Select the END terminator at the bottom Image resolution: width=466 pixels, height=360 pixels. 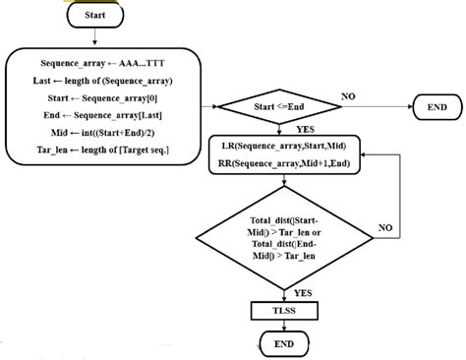281,343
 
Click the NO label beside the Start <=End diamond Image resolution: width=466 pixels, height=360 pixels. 348,96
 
